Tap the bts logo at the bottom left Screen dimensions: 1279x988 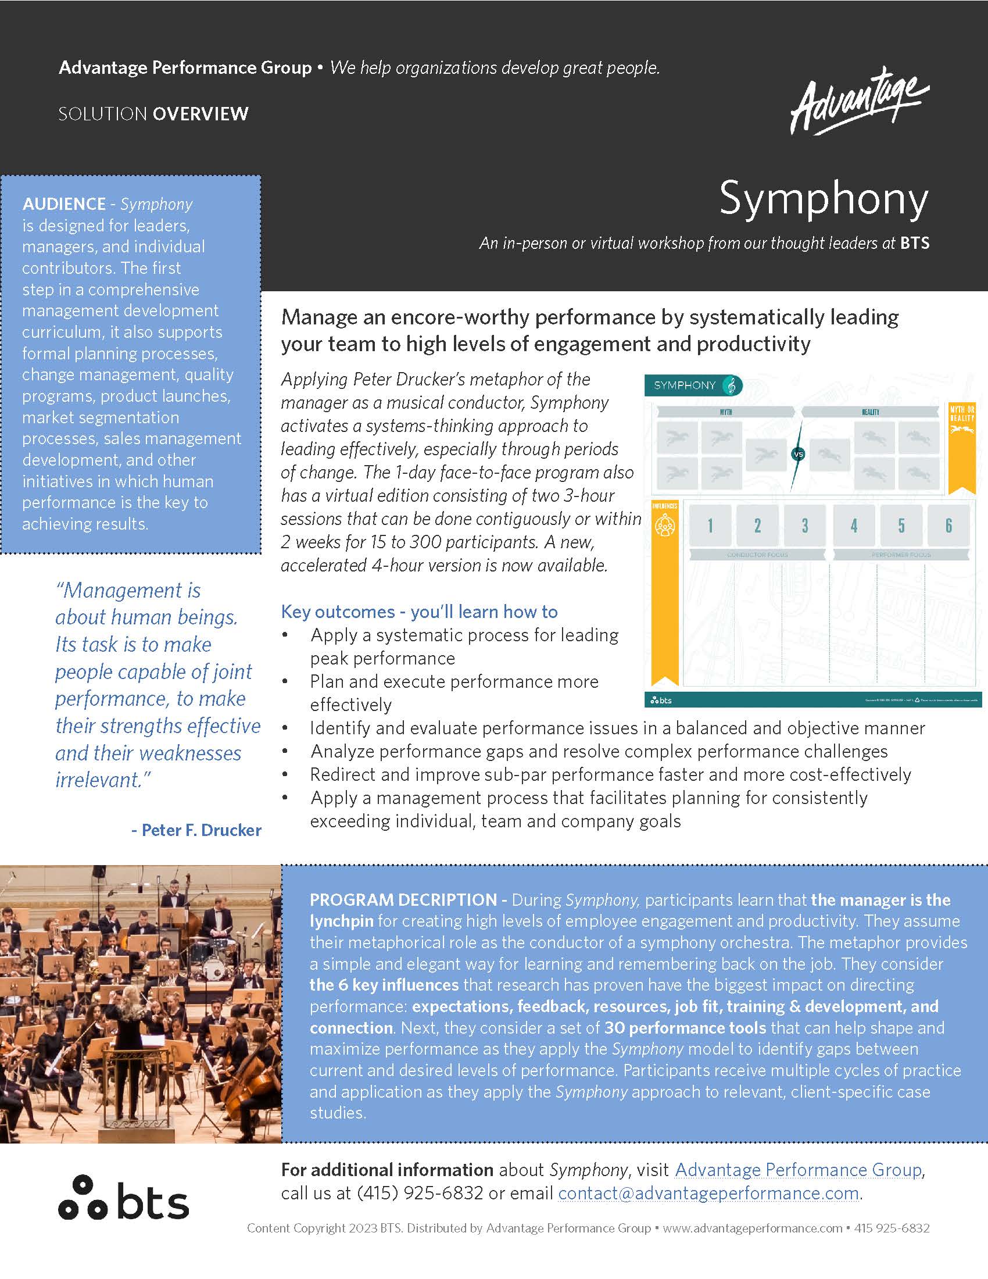[123, 1198]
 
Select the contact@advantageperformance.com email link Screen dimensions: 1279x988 [708, 1193]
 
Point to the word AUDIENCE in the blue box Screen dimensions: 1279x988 [64, 204]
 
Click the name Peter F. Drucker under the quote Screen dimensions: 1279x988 [196, 830]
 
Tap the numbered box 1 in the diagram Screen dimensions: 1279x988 [710, 526]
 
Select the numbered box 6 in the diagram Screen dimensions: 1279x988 [948, 526]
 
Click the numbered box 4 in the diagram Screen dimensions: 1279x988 [853, 526]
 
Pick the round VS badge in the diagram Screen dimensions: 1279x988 [798, 454]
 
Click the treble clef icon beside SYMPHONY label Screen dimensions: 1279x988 [731, 385]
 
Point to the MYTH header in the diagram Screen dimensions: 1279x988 [726, 412]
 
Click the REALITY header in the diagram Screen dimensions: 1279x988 [871, 412]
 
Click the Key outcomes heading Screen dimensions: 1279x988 [419, 612]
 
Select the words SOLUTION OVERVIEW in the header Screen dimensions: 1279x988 [153, 113]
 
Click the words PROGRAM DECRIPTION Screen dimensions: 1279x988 [403, 900]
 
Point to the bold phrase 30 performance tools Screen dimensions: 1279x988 [685, 1028]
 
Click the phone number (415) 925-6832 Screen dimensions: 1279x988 [420, 1193]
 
